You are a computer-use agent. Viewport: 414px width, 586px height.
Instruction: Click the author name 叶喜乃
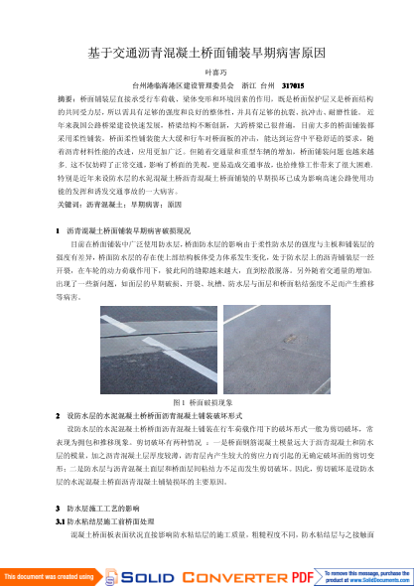click(207, 73)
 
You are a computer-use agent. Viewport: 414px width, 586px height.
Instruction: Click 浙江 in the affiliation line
click(250, 86)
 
